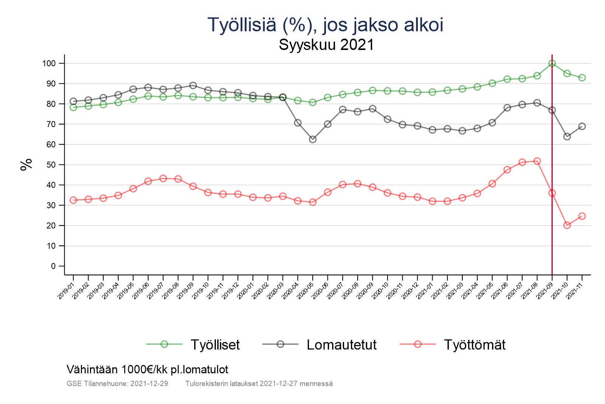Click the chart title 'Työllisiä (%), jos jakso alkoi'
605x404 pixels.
click(x=326, y=25)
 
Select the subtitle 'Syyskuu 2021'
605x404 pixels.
click(x=326, y=45)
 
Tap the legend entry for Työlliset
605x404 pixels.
click(x=215, y=345)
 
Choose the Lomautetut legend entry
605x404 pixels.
click(x=341, y=345)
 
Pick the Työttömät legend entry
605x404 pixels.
click(x=475, y=345)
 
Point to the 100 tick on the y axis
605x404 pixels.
click(x=49, y=63)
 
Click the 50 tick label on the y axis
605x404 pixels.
click(x=51, y=165)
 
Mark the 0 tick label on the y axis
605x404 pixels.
click(x=53, y=266)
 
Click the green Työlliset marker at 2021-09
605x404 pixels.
click(x=552, y=63)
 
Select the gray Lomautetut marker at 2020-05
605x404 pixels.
click(x=313, y=139)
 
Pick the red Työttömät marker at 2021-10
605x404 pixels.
click(x=567, y=225)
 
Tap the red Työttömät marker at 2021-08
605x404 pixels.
click(x=537, y=161)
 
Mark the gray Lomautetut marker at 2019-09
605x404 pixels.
click(x=193, y=85)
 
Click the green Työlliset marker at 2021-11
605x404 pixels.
click(x=582, y=78)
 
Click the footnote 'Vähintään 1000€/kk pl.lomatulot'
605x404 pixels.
click(x=147, y=370)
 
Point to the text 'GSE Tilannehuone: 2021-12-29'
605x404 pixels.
click(x=117, y=384)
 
